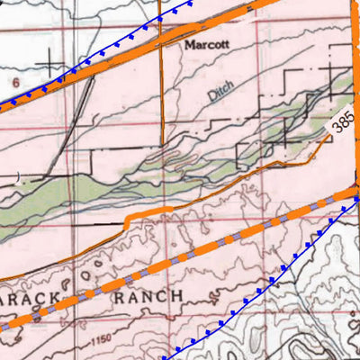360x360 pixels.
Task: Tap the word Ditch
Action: [x=221, y=90]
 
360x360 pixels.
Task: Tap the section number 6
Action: [x=15, y=81]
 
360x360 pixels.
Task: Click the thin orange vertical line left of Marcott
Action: [x=161, y=90]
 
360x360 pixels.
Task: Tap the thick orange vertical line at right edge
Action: [x=354, y=90]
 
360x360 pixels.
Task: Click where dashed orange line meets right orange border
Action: [x=355, y=190]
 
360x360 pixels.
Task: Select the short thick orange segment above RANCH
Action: [x=148, y=212]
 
